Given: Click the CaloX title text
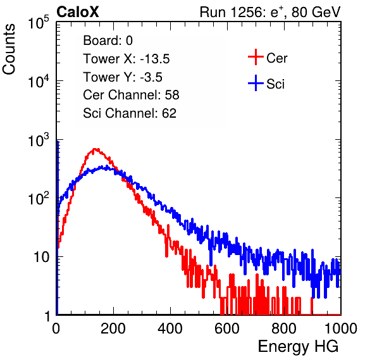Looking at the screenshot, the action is (x=78, y=12).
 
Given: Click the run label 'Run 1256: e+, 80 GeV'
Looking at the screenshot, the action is (x=270, y=13).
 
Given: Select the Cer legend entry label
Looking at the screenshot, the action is (x=276, y=58).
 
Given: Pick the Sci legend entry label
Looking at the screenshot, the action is (x=276, y=84).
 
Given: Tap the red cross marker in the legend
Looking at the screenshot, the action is (x=256, y=57).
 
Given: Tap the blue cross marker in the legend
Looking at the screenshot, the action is (x=256, y=83).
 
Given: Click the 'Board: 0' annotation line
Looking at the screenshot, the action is (x=108, y=41).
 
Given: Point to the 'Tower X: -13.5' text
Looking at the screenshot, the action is (x=127, y=59).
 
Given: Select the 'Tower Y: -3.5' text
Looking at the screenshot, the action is (x=123, y=77).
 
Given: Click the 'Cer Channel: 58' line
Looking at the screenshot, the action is (x=132, y=95).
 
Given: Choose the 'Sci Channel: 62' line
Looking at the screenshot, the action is (x=130, y=113).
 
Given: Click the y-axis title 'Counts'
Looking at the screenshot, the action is (x=9, y=49).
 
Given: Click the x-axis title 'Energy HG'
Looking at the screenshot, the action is (x=298, y=346).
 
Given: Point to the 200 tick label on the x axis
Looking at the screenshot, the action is (x=113, y=328).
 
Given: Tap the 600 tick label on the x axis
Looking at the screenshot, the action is (x=227, y=328).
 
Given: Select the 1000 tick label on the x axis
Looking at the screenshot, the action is (x=341, y=328).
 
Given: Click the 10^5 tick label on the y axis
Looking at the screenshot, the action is (x=39, y=22).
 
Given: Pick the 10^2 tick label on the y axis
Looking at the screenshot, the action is (x=39, y=199).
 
